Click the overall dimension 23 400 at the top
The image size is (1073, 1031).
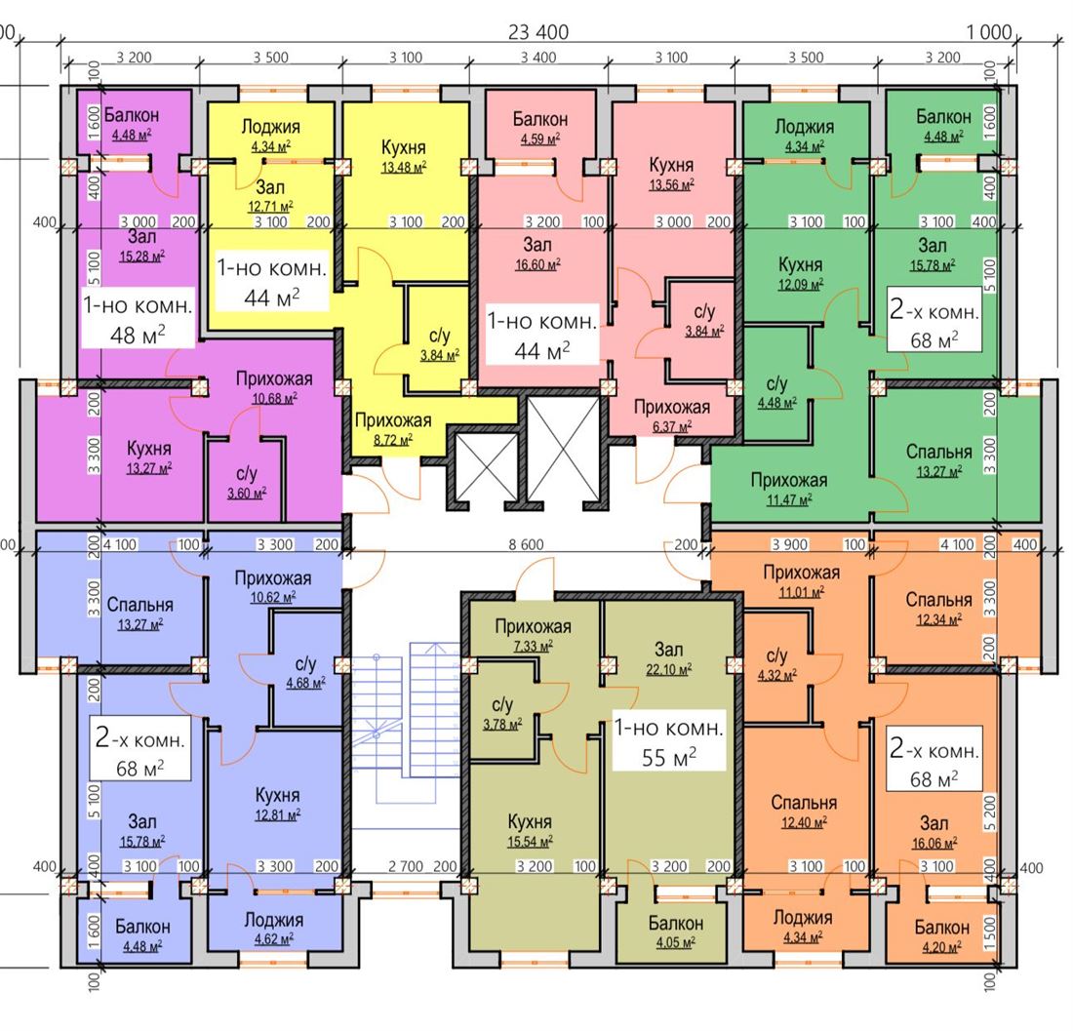pyautogui.click(x=538, y=31)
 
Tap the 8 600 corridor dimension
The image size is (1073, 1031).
pyautogui.click(x=526, y=544)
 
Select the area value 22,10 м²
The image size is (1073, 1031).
pyautogui.click(x=668, y=669)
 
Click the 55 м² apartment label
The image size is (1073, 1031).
pyautogui.click(x=668, y=757)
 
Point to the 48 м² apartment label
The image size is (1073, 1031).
pyautogui.click(x=138, y=335)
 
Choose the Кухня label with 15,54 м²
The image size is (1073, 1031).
pyautogui.click(x=530, y=821)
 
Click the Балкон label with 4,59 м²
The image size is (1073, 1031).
pyautogui.click(x=540, y=119)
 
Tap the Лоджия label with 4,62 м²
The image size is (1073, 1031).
pyautogui.click(x=274, y=920)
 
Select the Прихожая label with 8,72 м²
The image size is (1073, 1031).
pyautogui.click(x=393, y=420)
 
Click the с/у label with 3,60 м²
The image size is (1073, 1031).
pyautogui.click(x=247, y=473)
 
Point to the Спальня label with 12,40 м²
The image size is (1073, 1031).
pyautogui.click(x=804, y=802)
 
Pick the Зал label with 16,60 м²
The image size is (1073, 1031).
pyautogui.click(x=537, y=244)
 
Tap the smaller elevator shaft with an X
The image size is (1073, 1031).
pyautogui.click(x=486, y=467)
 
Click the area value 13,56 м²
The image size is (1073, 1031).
pyautogui.click(x=671, y=184)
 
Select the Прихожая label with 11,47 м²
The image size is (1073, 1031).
pyautogui.click(x=789, y=480)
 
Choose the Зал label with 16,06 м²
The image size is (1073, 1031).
pyautogui.click(x=934, y=823)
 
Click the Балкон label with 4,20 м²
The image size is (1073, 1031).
pyautogui.click(x=941, y=928)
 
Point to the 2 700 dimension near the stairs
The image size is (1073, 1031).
pyautogui.click(x=406, y=866)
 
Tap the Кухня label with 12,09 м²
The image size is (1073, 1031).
pyautogui.click(x=800, y=264)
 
